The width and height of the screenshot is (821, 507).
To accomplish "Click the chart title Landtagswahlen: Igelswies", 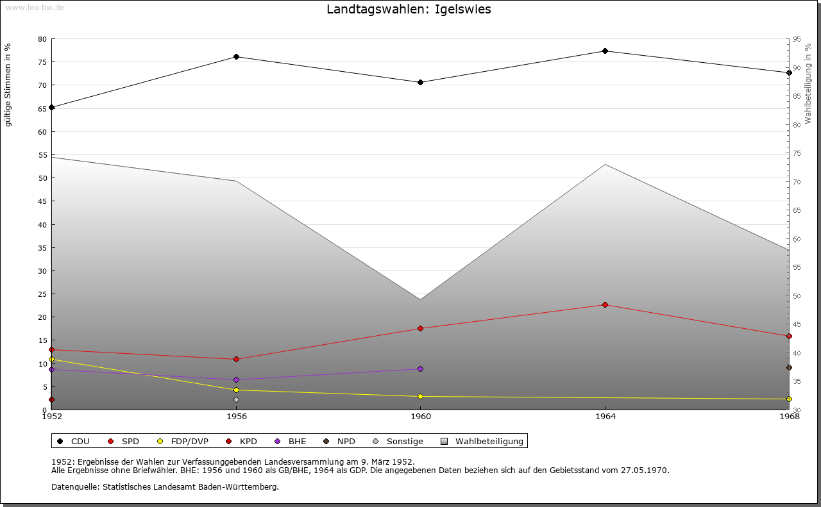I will pos(409,10).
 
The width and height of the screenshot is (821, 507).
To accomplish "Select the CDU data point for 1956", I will pos(236,57).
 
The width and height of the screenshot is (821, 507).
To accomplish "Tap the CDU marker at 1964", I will pos(605,51).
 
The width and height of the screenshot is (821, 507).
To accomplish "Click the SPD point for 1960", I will pos(420,329).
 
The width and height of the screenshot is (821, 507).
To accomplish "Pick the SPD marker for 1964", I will pos(605,305).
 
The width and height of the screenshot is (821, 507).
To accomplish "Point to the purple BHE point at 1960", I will pos(420,369).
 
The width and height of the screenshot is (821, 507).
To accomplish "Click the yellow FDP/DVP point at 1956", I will pos(236,390).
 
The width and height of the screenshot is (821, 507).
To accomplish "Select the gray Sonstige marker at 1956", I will pos(236,400).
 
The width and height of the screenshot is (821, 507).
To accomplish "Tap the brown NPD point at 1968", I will pos(789,368).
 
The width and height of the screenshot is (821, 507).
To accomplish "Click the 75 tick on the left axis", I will pos(42,62).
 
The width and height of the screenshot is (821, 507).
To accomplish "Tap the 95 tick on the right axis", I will pos(797,39).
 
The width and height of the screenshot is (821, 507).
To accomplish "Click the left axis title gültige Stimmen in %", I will pos(8,85).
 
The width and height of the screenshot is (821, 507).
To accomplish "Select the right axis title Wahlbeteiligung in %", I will pos(808,83).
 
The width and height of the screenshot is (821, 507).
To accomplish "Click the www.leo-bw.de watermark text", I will pos(34,6).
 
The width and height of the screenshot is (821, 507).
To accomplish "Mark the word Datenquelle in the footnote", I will pos(72,487).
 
